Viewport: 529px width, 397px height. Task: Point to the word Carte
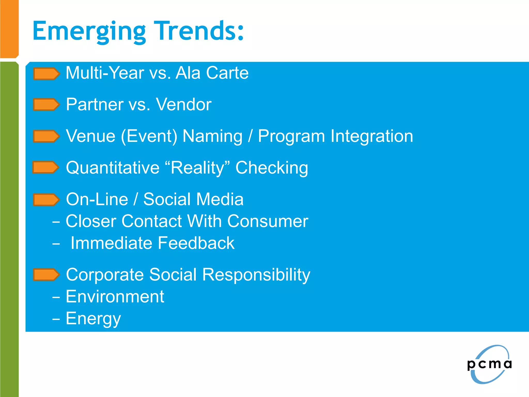click(227, 73)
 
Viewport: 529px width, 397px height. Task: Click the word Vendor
click(184, 104)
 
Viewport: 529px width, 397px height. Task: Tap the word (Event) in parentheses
click(149, 136)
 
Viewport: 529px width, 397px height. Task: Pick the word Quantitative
click(113, 168)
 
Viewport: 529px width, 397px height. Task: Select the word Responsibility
click(256, 275)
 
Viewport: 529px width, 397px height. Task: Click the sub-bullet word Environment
click(115, 297)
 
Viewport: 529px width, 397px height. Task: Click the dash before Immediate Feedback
click(56, 244)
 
